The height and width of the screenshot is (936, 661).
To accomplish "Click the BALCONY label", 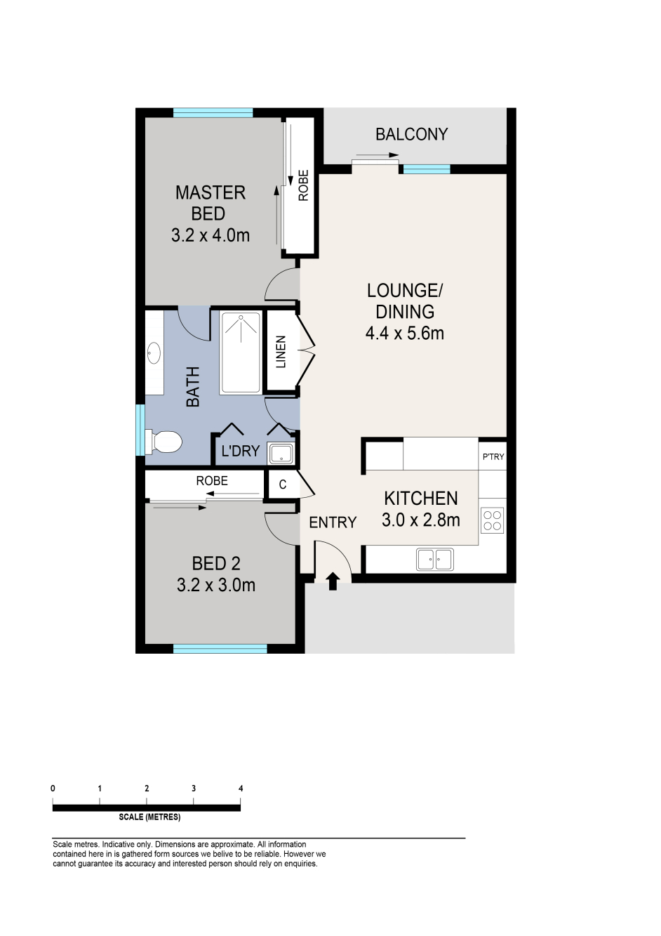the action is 411,134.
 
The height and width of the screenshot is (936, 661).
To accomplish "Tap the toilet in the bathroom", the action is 163,442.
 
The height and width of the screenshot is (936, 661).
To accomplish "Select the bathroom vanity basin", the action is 154,354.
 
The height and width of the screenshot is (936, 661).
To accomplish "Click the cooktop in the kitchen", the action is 493,520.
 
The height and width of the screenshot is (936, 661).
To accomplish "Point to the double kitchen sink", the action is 434,560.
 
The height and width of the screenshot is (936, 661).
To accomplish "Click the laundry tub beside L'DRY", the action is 281,454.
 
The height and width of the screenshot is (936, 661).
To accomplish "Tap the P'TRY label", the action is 493,456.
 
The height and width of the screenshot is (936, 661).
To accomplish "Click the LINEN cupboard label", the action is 281,352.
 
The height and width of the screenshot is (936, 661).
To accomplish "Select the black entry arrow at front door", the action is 333,581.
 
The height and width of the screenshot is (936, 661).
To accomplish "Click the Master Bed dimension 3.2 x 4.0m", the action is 211,236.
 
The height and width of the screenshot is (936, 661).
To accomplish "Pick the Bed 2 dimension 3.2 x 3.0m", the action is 216,585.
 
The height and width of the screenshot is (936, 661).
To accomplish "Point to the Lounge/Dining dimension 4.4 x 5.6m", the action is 405,334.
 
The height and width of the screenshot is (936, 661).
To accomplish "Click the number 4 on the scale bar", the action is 241,789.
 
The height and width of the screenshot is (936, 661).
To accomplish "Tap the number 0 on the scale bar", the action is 53,789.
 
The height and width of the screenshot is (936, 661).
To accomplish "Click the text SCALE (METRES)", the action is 149,817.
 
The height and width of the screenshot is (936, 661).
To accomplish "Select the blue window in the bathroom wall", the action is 141,430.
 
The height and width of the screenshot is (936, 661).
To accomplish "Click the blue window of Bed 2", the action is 220,649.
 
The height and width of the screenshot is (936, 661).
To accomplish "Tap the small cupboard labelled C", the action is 283,485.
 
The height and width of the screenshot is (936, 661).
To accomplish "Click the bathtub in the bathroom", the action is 241,352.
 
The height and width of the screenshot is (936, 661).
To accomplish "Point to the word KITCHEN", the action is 421,499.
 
